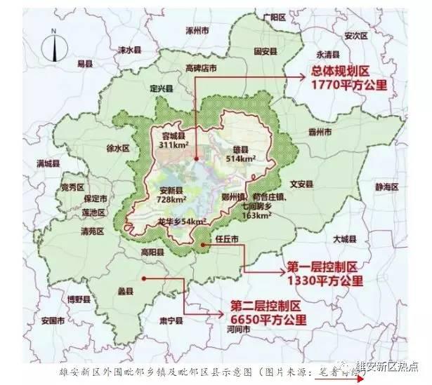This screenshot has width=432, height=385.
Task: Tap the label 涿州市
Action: [197, 32]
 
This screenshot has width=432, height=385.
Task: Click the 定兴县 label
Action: [161, 88]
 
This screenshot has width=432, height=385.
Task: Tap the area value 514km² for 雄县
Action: [241, 159]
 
